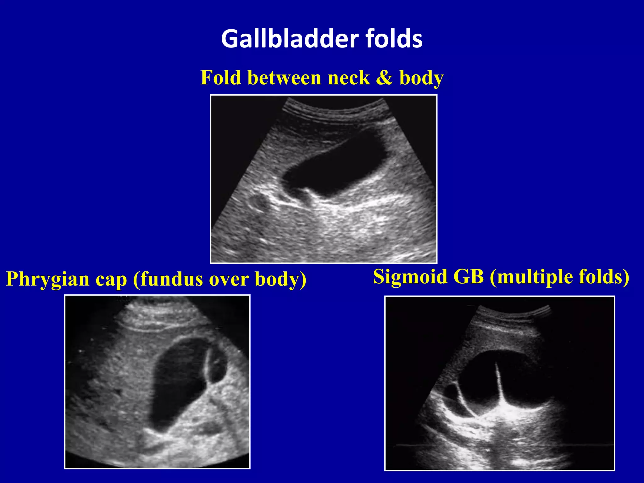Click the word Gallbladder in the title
pyautogui.click(x=290, y=38)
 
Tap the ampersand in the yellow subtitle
pyautogui.click(x=384, y=78)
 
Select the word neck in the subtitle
pyautogui.click(x=349, y=78)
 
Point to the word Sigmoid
pyautogui.click(x=410, y=277)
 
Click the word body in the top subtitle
pyautogui.click(x=421, y=78)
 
